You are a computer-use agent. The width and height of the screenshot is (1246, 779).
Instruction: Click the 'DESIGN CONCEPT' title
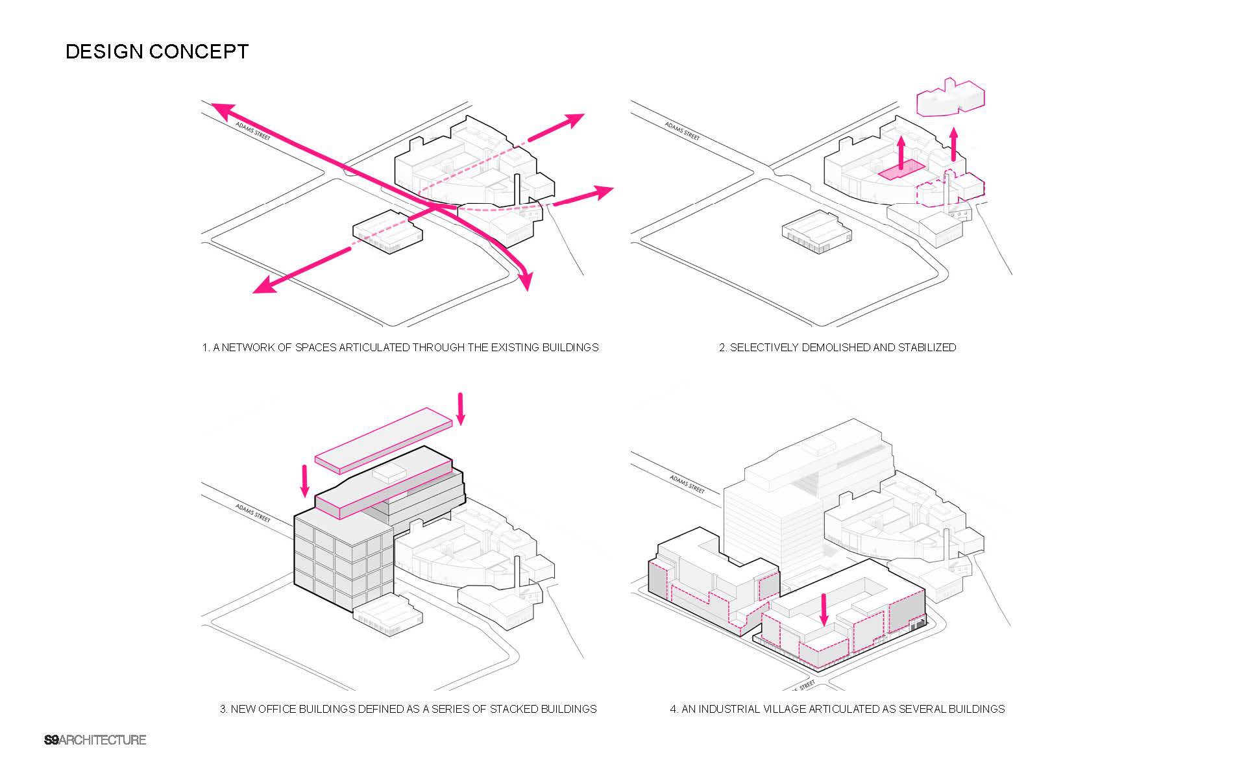pyautogui.click(x=157, y=52)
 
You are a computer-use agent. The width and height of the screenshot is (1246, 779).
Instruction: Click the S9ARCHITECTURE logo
pyautogui.click(x=95, y=740)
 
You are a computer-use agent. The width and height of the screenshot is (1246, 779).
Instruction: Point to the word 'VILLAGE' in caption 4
pyautogui.click(x=783, y=709)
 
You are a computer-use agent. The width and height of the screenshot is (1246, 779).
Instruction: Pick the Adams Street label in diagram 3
pyautogui.click(x=253, y=512)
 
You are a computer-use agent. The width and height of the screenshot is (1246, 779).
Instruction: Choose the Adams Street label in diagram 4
pyautogui.click(x=687, y=484)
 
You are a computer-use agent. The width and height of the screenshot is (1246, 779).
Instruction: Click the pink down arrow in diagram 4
pyautogui.click(x=824, y=610)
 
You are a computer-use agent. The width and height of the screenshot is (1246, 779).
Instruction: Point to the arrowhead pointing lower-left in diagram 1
pyautogui.click(x=263, y=286)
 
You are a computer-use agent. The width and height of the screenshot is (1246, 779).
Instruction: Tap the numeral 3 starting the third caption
pyautogui.click(x=223, y=709)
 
